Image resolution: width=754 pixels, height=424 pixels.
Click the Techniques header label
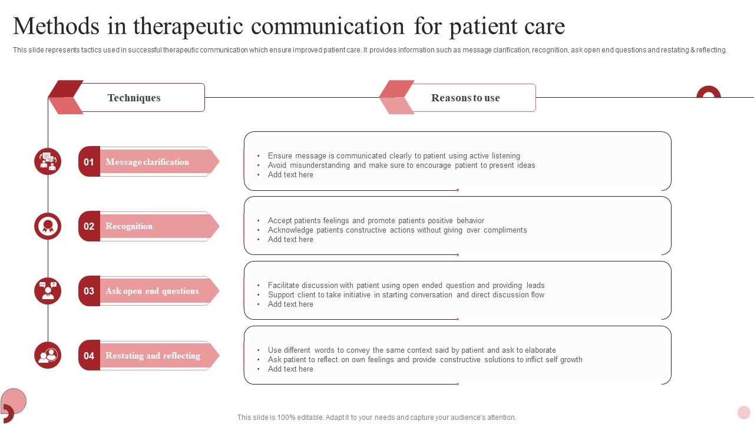click(x=134, y=98)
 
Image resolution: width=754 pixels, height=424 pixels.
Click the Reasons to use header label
click(x=465, y=98)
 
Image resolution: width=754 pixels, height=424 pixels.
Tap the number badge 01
click(x=89, y=162)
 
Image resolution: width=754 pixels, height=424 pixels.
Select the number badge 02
click(x=89, y=226)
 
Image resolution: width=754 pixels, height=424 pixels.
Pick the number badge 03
click(x=89, y=291)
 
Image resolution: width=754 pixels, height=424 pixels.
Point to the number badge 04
click(x=89, y=356)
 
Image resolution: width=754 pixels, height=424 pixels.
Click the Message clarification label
click(x=147, y=162)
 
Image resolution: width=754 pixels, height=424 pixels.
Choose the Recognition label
click(x=129, y=226)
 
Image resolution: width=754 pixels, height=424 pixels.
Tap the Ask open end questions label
click(x=152, y=291)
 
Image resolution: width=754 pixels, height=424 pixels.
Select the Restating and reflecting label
click(x=153, y=356)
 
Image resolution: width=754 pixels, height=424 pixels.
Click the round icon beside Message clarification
click(x=48, y=161)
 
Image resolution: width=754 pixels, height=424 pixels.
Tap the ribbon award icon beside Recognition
click(x=48, y=226)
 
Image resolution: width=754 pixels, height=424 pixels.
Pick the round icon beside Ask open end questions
click(x=48, y=291)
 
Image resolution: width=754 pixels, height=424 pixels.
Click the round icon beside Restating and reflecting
click(x=48, y=355)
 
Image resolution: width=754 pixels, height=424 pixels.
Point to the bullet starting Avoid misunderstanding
click(x=401, y=165)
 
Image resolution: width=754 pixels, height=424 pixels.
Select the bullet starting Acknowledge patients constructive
click(x=397, y=230)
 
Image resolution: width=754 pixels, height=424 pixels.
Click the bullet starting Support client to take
click(x=406, y=295)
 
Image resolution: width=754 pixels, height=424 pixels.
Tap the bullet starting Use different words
click(x=412, y=350)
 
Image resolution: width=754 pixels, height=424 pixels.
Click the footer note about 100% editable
click(x=376, y=418)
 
